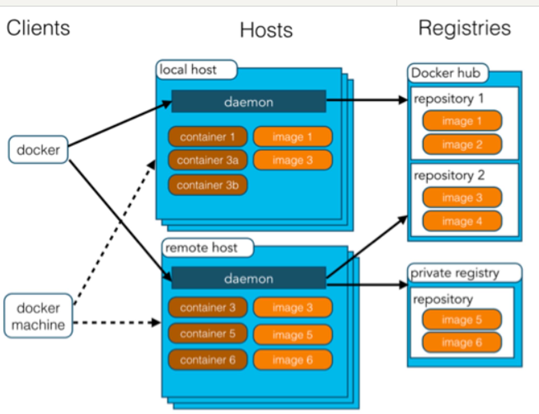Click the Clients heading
click(38, 28)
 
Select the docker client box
click(38, 150)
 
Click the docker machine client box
click(38, 316)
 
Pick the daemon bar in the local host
click(249, 101)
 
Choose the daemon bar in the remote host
click(249, 278)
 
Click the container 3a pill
click(208, 160)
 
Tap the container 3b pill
click(208, 185)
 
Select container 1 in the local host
click(208, 137)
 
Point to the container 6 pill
click(208, 360)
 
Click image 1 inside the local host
click(293, 137)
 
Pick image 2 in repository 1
click(462, 145)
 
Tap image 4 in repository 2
click(462, 221)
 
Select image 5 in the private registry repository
click(462, 320)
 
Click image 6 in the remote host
click(293, 360)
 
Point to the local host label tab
click(197, 70)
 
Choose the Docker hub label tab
click(448, 73)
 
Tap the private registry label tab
click(465, 273)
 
